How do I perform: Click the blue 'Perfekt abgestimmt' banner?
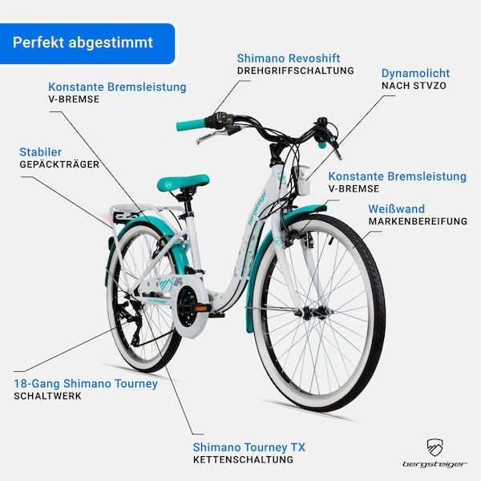87,43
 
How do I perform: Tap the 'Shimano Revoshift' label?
289,59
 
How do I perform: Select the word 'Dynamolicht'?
415,73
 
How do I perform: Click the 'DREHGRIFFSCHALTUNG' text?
295,71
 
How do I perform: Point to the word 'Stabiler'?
41,152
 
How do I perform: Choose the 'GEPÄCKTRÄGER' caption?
59,164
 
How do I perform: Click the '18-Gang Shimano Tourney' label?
86,384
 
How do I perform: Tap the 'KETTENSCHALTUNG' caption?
243,459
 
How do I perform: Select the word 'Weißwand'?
396,209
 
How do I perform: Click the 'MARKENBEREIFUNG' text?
418,221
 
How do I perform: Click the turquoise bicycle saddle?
183,182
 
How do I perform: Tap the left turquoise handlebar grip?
191,124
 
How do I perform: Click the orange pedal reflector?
201,309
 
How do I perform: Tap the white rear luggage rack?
148,215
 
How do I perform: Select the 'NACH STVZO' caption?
414,86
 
